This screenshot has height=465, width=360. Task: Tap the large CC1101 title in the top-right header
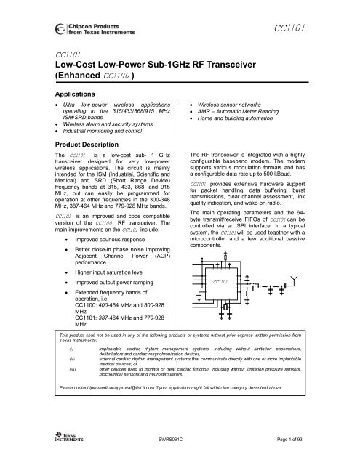(295, 28)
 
